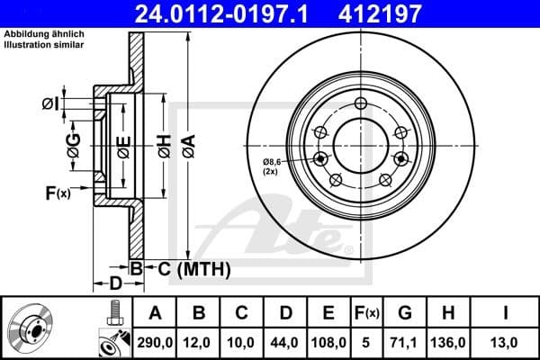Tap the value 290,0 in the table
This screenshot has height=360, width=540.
pyautogui.click(x=154, y=343)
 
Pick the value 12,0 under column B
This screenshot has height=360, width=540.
pyautogui.click(x=199, y=343)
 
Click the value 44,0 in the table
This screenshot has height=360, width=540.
pyautogui.click(x=284, y=343)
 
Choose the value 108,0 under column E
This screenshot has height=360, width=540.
pyautogui.click(x=328, y=343)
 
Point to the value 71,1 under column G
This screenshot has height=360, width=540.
pyautogui.click(x=405, y=343)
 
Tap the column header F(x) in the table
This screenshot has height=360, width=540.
pyautogui.click(x=367, y=313)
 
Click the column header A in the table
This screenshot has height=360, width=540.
pyautogui.click(x=154, y=313)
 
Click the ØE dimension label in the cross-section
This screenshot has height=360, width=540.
pyautogui.click(x=122, y=144)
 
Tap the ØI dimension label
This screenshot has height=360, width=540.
pyautogui.click(x=50, y=103)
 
